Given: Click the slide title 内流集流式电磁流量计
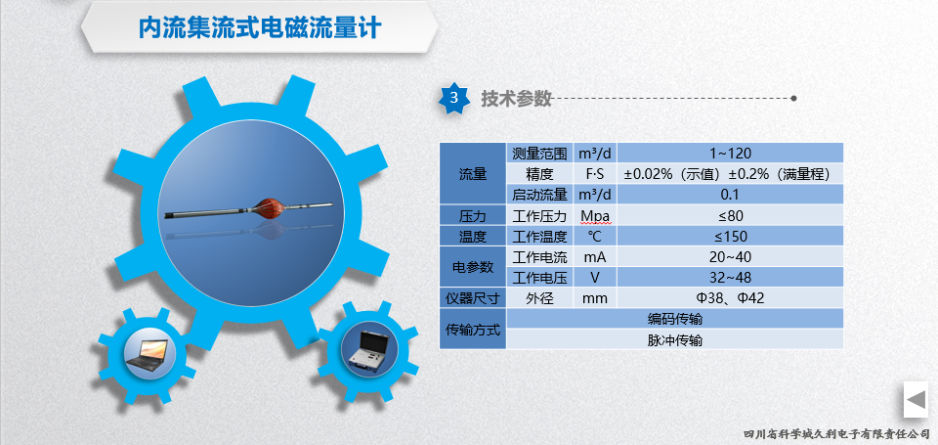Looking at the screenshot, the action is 259,27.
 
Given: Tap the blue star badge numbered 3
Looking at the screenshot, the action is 454,98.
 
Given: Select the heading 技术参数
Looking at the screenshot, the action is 516,98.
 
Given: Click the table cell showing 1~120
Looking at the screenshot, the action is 730,154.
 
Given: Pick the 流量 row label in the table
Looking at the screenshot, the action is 473,174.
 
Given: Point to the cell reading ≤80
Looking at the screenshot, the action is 730,215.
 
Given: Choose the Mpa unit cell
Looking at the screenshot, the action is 595,215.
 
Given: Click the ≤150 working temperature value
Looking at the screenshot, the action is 730,236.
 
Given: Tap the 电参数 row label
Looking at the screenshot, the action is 473,267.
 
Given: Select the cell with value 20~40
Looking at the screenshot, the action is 730,256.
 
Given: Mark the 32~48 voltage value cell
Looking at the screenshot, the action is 730,278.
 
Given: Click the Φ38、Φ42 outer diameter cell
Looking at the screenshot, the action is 730,297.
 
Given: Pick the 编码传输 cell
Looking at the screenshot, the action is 675,318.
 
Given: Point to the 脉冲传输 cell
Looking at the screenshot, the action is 675,339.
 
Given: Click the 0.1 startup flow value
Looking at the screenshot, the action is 730,194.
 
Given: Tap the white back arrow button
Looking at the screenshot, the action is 916,399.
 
